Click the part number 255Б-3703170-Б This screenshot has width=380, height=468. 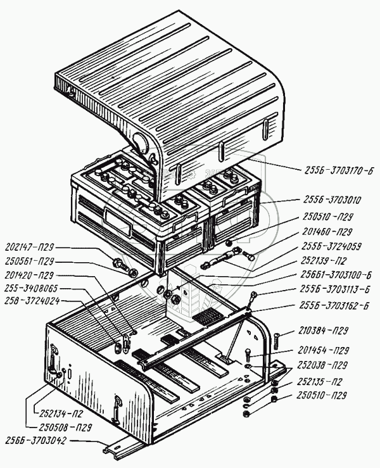[337, 170]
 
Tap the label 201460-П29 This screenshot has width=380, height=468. [326, 232]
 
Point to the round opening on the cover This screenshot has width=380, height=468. [141, 142]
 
